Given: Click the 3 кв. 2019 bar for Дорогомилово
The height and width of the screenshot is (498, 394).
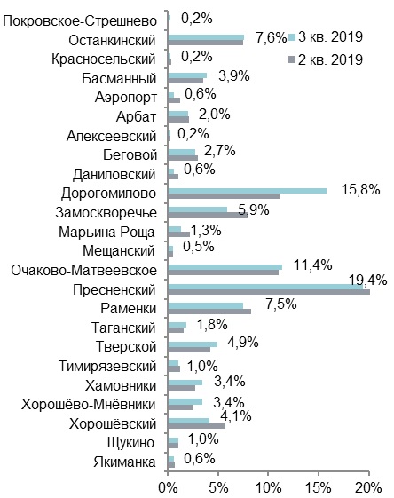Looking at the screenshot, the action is pyautogui.click(x=247, y=191).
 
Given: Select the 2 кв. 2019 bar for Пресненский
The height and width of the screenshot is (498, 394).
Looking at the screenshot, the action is pyautogui.click(x=269, y=292).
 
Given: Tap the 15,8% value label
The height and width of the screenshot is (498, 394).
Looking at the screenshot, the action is pyautogui.click(x=360, y=190).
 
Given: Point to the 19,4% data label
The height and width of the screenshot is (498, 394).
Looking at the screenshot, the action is pyautogui.click(x=368, y=281).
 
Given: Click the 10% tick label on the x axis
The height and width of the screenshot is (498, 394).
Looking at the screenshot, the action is pyautogui.click(x=268, y=487).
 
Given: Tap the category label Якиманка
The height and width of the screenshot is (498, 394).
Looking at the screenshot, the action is pyautogui.click(x=124, y=462).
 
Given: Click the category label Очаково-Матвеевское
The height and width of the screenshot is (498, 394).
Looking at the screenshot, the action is pyautogui.click(x=83, y=271).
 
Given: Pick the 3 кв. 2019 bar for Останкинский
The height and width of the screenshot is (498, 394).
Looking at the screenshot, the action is pyautogui.click(x=206, y=37).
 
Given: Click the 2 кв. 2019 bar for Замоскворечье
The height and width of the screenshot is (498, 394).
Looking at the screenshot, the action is pyautogui.click(x=208, y=215).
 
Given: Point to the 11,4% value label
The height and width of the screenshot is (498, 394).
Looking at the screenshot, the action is pyautogui.click(x=312, y=265).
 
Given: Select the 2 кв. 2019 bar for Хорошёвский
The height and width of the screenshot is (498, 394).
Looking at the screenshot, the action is pyautogui.click(x=196, y=426).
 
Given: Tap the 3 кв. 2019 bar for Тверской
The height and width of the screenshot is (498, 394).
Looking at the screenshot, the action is pyautogui.click(x=193, y=344).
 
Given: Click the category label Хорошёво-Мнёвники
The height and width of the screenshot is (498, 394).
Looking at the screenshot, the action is pyautogui.click(x=89, y=405).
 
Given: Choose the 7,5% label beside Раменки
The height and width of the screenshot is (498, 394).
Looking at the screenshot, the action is pyautogui.click(x=281, y=304).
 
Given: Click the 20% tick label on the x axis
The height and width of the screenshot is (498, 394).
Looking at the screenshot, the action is pyautogui.click(x=368, y=487).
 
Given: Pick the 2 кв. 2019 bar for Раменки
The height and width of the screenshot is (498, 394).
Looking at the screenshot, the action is pyautogui.click(x=209, y=312).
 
